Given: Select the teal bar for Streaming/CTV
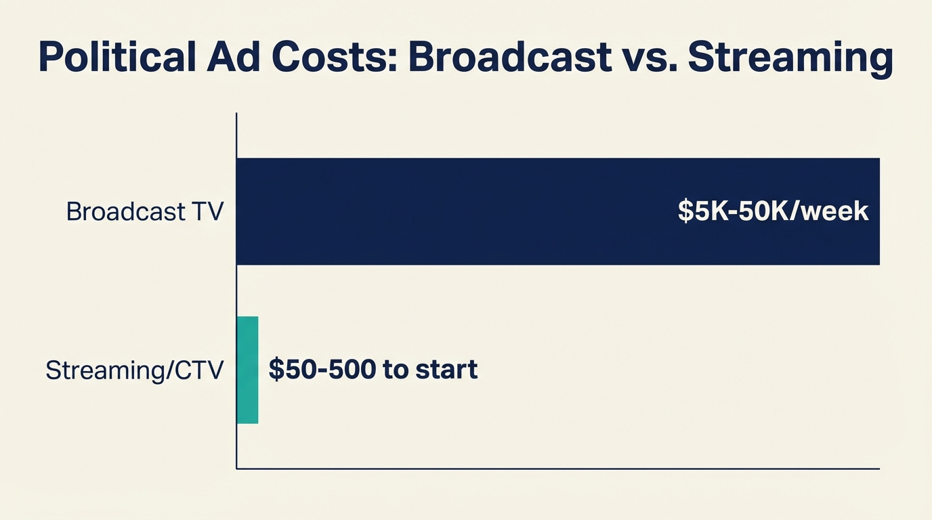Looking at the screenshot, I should (247, 370).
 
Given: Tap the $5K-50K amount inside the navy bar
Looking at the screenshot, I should (734, 211).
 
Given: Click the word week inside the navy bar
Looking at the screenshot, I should (839, 211).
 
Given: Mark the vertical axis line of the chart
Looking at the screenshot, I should (236, 291).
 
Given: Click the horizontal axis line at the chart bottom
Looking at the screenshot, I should (555, 468).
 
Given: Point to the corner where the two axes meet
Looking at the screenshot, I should (236, 468).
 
